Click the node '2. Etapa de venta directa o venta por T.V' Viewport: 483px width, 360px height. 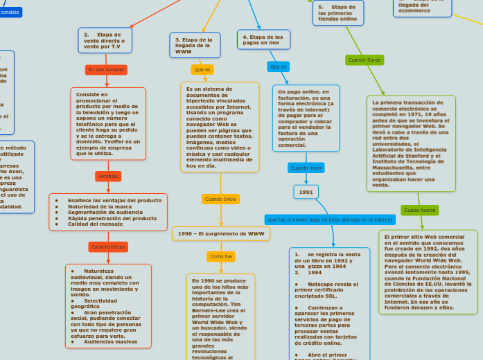[105, 40]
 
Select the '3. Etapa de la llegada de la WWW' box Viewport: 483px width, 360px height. [195, 46]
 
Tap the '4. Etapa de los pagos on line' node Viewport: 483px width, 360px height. [263, 39]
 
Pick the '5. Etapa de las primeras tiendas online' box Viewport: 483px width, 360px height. [337, 13]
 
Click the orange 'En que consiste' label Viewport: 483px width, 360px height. [106, 70]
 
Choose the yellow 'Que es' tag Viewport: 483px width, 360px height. [202, 70]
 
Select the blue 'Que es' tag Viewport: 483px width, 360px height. [279, 66]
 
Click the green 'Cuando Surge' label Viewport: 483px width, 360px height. [365, 60]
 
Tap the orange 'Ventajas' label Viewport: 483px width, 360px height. [108, 177]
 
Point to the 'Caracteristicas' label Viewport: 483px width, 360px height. [108, 246]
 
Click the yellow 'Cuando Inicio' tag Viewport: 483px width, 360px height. [221, 199]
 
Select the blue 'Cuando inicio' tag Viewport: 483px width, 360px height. [306, 168]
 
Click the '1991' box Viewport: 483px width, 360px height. [306, 192]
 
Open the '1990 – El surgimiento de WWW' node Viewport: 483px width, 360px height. [221, 234]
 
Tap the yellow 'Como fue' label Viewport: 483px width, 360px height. [221, 257]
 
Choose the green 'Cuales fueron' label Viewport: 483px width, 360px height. [419, 210]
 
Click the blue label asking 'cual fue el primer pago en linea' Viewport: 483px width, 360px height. [330, 219]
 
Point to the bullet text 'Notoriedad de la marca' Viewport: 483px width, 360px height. [100, 206]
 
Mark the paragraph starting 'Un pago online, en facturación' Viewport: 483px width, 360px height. [306, 118]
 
